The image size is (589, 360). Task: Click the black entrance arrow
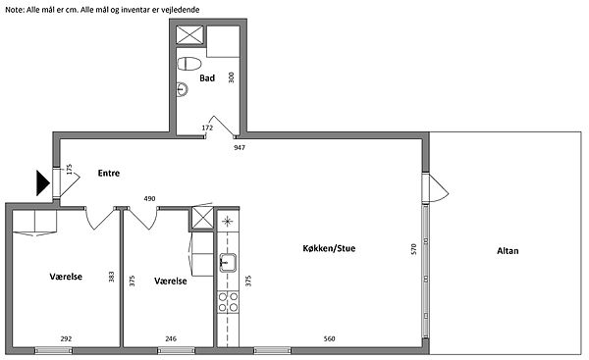(42, 182)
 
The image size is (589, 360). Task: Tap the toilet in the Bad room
(188, 64)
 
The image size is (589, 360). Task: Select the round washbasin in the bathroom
(182, 89)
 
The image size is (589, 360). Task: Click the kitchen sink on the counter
(228, 263)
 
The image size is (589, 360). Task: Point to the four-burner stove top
(228, 302)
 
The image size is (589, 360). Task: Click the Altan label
(508, 251)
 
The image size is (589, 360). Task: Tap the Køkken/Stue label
(329, 248)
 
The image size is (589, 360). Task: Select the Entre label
(109, 173)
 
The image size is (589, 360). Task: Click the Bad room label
(207, 78)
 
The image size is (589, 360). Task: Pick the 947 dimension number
(240, 147)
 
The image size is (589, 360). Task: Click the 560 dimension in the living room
(329, 338)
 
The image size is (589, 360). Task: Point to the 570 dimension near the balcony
(413, 249)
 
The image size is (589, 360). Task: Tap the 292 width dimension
(66, 338)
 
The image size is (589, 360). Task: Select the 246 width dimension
(171, 338)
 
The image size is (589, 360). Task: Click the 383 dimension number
(111, 277)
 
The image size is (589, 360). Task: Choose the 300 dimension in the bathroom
(231, 77)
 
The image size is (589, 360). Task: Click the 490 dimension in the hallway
(149, 198)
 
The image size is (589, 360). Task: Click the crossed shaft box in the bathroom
(189, 35)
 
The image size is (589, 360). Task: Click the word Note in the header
(14, 10)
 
